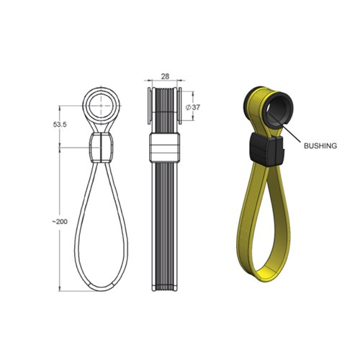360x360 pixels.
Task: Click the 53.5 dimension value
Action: pos(63,124)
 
